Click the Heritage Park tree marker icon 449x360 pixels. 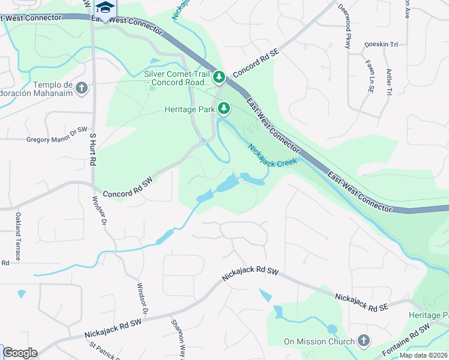coord(224,109)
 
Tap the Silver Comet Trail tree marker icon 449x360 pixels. coord(220,77)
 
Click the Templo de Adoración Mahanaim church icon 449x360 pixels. coord(82,89)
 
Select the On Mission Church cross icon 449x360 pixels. coord(363,341)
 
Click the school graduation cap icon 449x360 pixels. coord(104,8)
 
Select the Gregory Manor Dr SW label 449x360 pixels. coord(57,139)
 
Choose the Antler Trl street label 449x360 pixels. coord(389,80)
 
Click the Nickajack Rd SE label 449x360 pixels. coord(361,301)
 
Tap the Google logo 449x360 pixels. coord(20,353)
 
